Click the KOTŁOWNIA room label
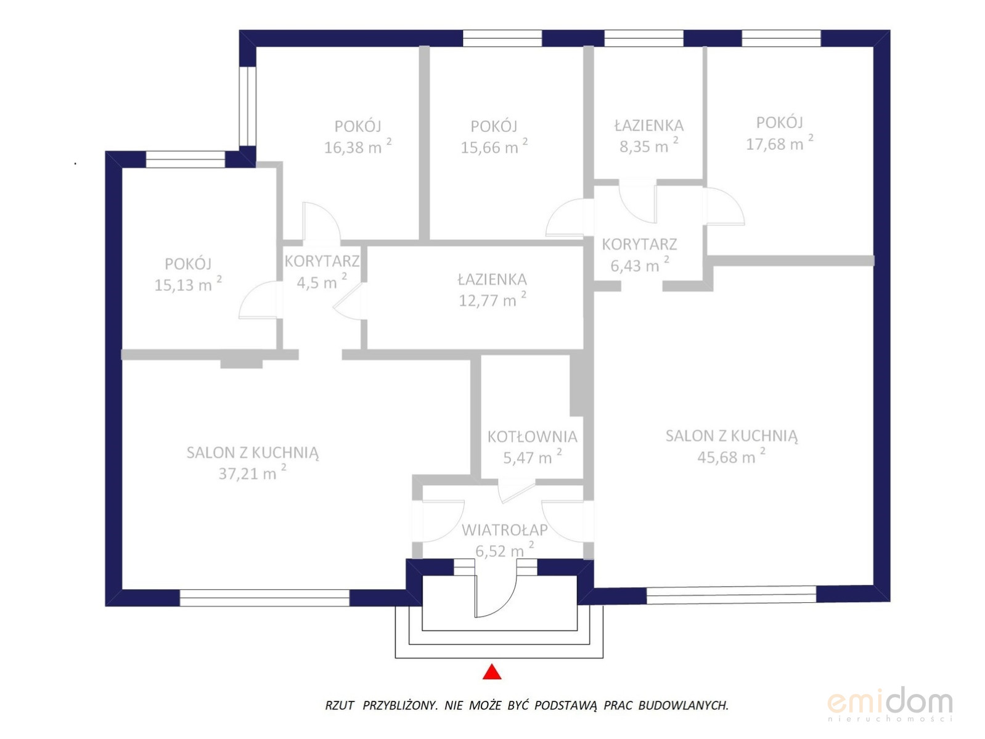[532, 436]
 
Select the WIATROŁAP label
[504, 530]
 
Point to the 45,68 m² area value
[731, 456]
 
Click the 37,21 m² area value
[252, 473]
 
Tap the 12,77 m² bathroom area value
[492, 300]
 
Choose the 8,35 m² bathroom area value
[648, 145]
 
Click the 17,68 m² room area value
[779, 143]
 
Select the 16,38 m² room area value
[358, 146]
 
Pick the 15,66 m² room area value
[494, 146]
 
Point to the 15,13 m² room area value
[187, 284]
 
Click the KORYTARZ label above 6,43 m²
[639, 244]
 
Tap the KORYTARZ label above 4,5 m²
[322, 261]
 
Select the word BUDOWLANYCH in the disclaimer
[683, 705]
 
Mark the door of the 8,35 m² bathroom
[637, 202]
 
